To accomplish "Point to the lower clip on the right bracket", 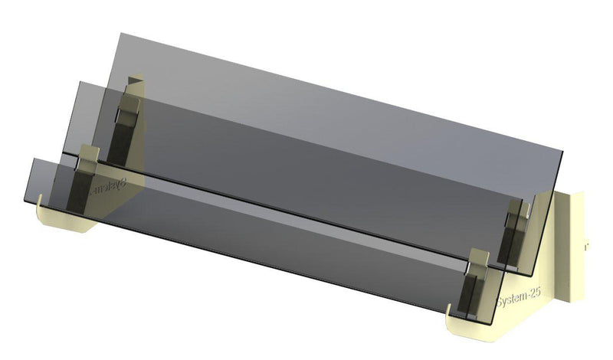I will tap(479, 265).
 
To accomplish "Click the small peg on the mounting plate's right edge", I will tap(586, 247).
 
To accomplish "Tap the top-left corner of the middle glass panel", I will tap(82, 83).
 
